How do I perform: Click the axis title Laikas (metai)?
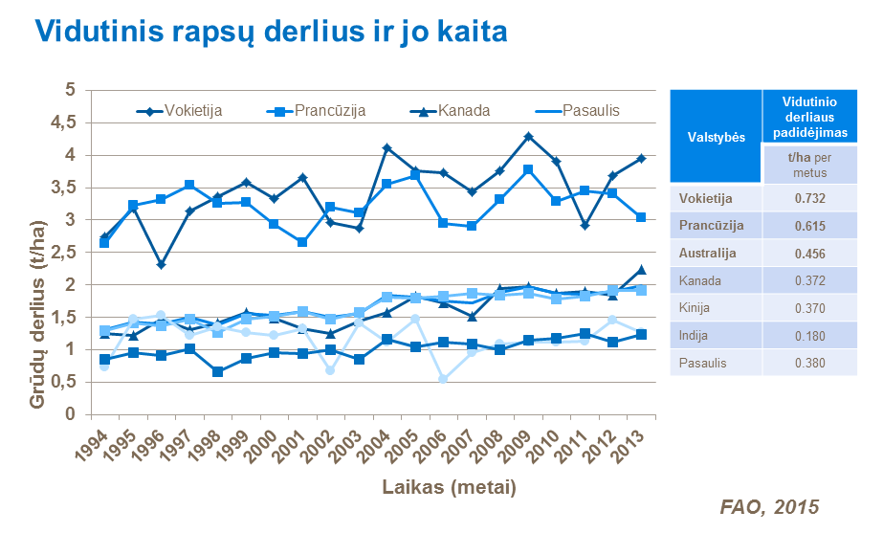(449, 487)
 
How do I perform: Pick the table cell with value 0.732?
(808, 198)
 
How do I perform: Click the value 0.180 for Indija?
(808, 336)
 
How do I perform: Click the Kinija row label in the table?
(695, 308)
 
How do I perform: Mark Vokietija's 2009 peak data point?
(527, 137)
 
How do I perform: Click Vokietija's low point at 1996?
(162, 265)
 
